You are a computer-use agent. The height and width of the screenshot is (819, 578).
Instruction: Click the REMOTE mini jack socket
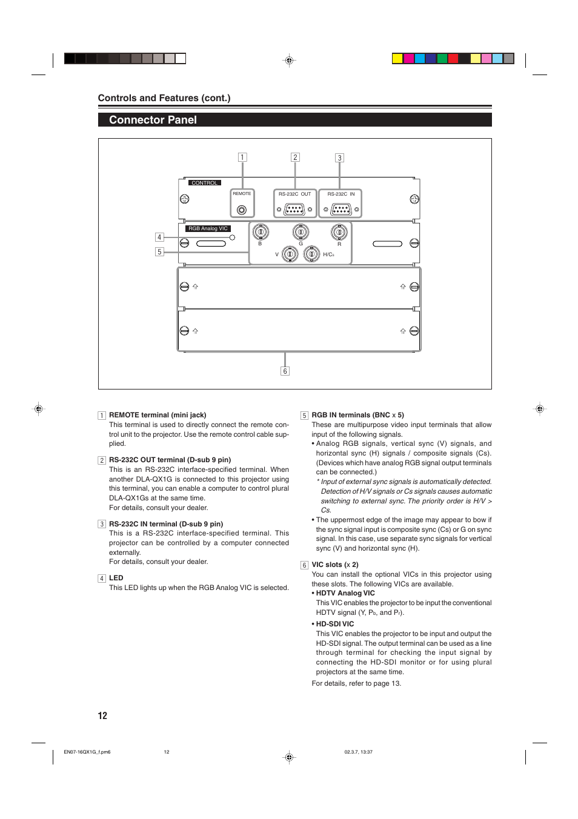coord(242,210)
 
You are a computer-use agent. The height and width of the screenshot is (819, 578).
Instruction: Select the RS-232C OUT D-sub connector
coord(294,210)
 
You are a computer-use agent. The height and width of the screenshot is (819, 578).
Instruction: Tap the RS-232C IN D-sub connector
coord(341,210)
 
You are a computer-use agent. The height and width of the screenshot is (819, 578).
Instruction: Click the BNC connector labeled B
coord(260,232)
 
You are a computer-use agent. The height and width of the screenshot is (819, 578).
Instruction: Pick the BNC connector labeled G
coord(301,232)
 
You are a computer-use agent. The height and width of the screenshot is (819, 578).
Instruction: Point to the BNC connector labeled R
coord(339,232)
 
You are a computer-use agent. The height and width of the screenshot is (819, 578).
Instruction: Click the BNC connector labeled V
coord(290,254)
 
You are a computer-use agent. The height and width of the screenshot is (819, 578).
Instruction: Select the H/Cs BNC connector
coord(311,254)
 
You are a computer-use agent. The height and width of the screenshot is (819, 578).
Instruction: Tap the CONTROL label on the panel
coord(205,183)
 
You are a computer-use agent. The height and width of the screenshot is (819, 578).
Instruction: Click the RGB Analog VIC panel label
coord(208,228)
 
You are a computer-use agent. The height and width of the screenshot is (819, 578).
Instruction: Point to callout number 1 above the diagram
coord(242,157)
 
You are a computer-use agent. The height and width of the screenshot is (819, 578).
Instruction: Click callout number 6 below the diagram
coord(285,371)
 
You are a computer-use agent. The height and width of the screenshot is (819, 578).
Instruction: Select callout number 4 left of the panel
coord(159,237)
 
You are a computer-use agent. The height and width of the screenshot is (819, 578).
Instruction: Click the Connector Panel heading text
coord(153,120)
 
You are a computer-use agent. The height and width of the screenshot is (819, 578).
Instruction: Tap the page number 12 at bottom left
coord(102,715)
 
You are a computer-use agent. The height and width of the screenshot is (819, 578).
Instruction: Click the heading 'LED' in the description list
coord(116,578)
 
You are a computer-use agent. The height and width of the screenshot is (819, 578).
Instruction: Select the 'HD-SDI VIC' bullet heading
coord(334,624)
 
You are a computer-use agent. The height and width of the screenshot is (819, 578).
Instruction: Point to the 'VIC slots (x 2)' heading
coord(334,565)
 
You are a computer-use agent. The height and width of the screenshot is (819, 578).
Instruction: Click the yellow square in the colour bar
coord(397,59)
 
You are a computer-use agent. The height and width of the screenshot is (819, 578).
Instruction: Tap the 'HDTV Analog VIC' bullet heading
coord(345,593)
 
